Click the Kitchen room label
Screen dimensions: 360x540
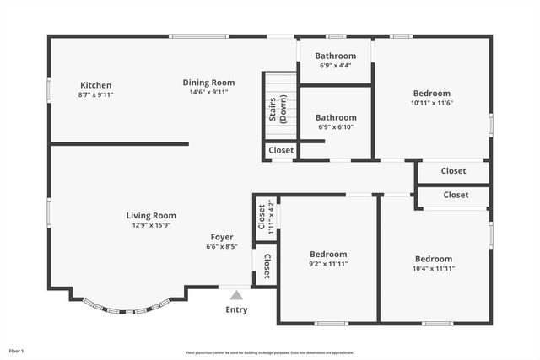[x=95, y=85]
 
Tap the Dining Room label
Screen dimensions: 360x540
[x=208, y=83]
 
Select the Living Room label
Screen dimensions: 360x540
[x=152, y=216]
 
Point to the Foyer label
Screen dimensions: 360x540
[x=222, y=237]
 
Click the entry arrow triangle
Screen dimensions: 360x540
[x=236, y=295]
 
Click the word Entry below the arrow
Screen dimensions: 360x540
[x=236, y=309]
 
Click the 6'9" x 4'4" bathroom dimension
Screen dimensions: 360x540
[x=335, y=65]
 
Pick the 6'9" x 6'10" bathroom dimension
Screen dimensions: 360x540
[x=335, y=127]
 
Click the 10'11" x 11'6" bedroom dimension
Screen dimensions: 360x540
[x=431, y=103]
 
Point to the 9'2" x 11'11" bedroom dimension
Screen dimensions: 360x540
[x=328, y=264]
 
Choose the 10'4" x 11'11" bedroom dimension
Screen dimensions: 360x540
[x=433, y=268]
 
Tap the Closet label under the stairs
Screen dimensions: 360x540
[x=281, y=150]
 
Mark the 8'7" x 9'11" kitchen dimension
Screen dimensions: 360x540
[x=95, y=94]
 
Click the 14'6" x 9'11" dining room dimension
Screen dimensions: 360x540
[x=208, y=92]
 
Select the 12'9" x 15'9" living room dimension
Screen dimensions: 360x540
[x=152, y=225]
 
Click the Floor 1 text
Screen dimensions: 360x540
[x=16, y=351]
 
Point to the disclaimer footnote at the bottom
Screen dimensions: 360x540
[x=270, y=352]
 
